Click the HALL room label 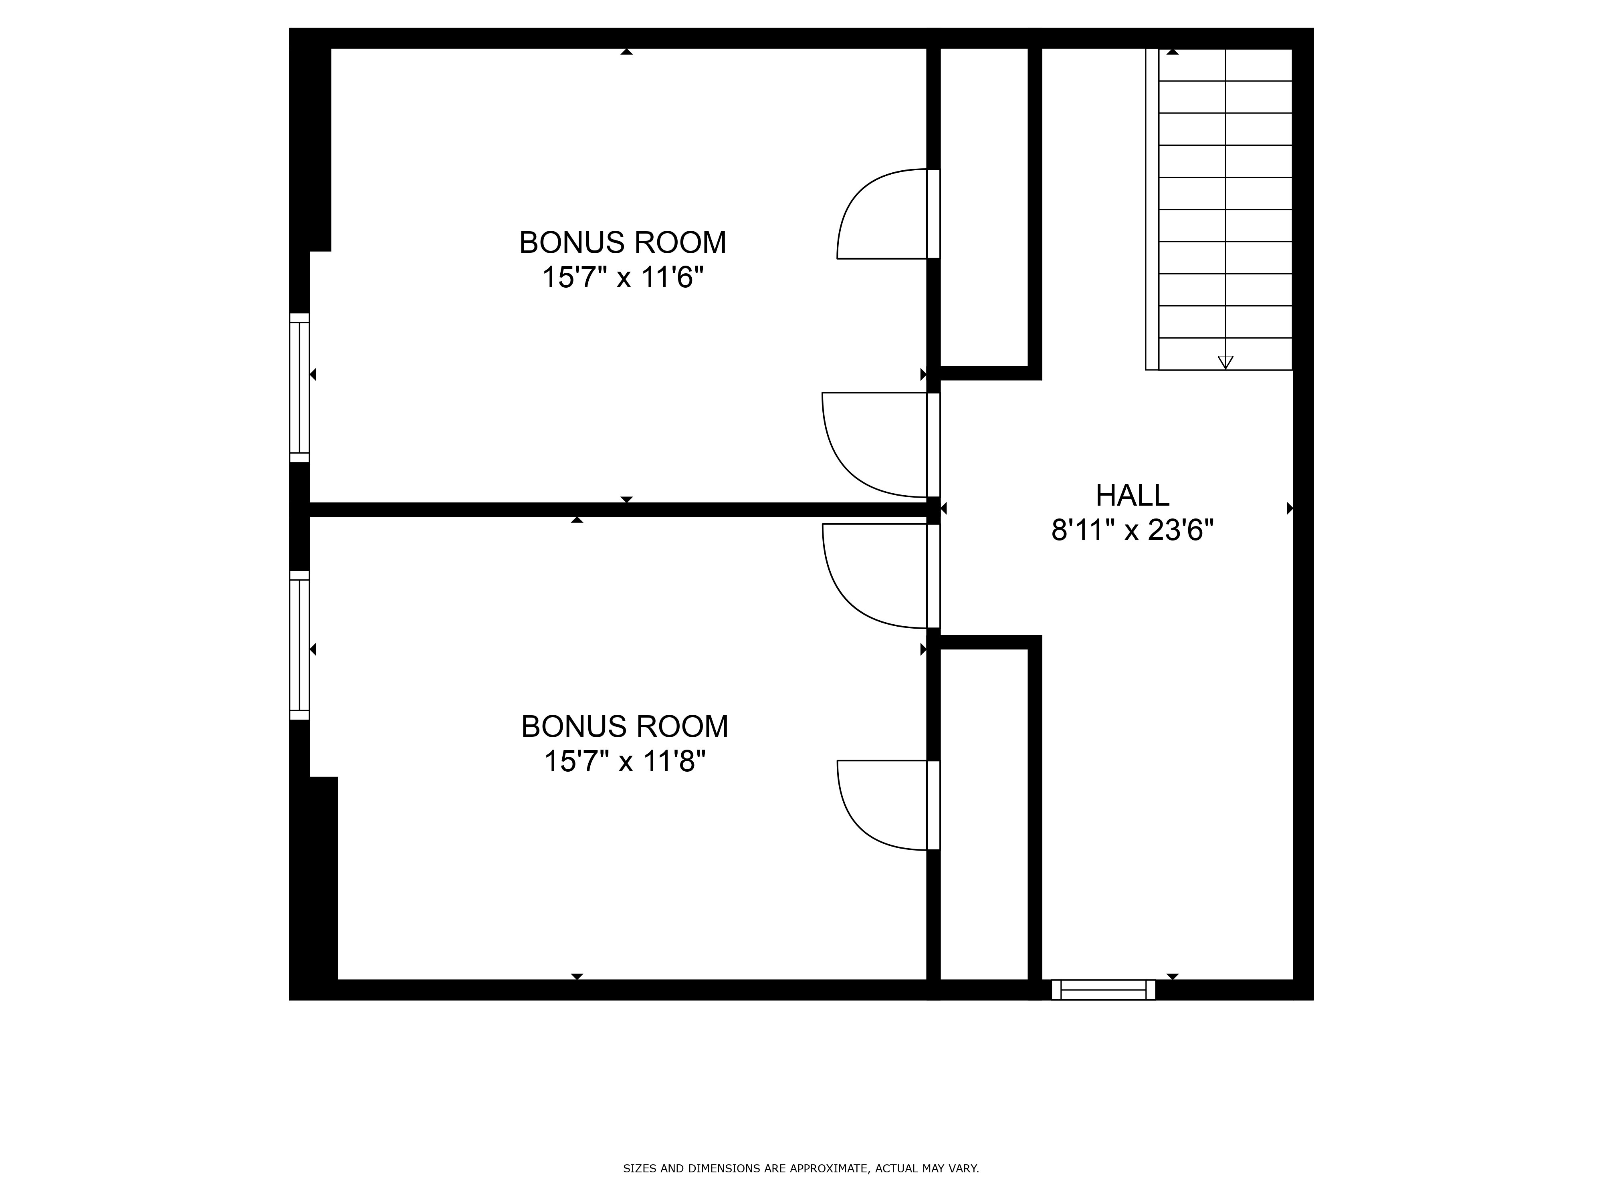tap(1132, 496)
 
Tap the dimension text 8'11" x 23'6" tap(1132, 531)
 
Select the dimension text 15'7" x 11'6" tap(623, 278)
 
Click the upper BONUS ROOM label tap(623, 243)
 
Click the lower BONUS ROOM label tap(625, 727)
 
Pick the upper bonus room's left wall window tap(299, 387)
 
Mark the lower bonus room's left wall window tap(299, 645)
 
